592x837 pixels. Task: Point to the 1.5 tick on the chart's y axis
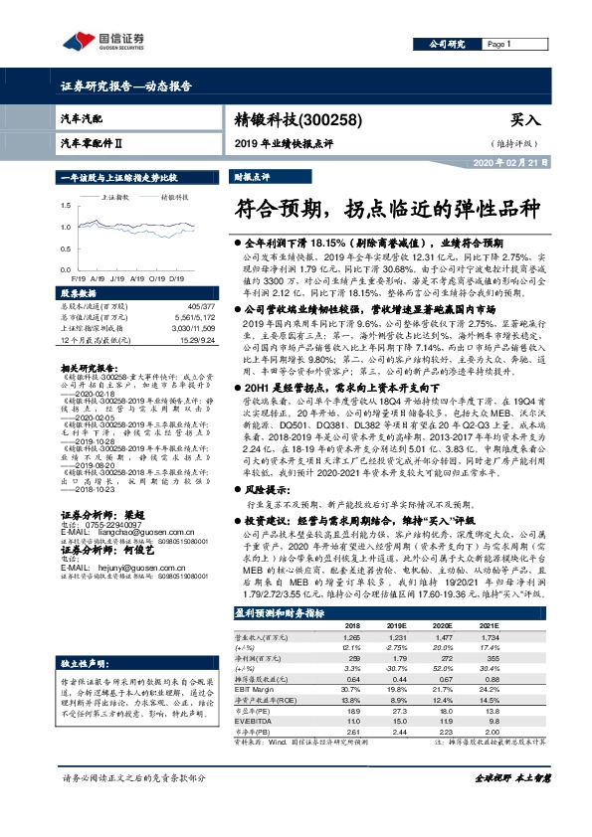click(67, 204)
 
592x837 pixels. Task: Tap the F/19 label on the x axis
click(78, 279)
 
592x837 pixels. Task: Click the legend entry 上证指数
click(118, 197)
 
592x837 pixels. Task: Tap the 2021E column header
click(517, 626)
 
